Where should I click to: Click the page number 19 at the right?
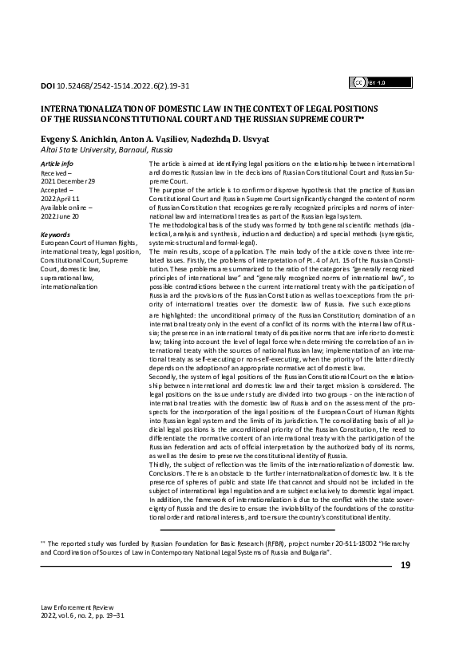click(405, 565)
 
